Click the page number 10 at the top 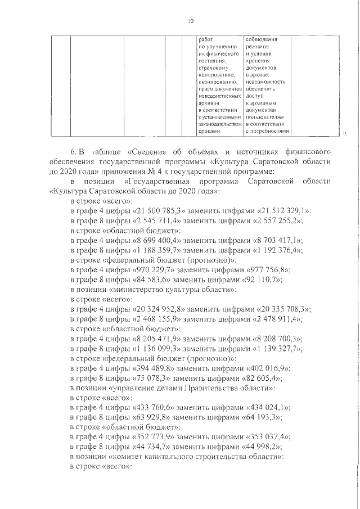point(190,22)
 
